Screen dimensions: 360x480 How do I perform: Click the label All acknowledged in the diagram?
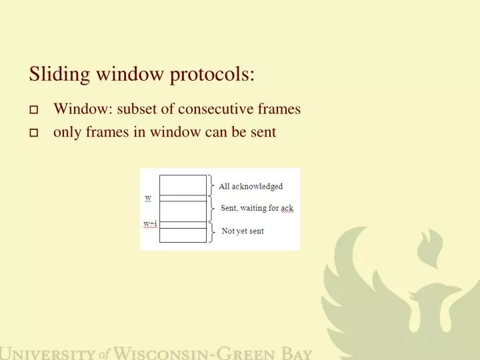click(251, 187)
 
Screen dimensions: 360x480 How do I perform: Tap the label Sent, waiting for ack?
click(257, 208)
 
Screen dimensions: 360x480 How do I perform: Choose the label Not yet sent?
click(242, 231)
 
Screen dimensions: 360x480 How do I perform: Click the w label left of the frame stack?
click(148, 198)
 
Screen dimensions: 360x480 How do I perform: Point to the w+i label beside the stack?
click(150, 223)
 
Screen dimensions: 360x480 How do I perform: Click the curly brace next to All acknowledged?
click(211, 185)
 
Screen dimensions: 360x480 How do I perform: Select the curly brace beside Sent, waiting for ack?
click(212, 208)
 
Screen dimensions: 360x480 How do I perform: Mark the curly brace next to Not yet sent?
click(212, 231)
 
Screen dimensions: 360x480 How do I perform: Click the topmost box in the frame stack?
click(183, 185)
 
